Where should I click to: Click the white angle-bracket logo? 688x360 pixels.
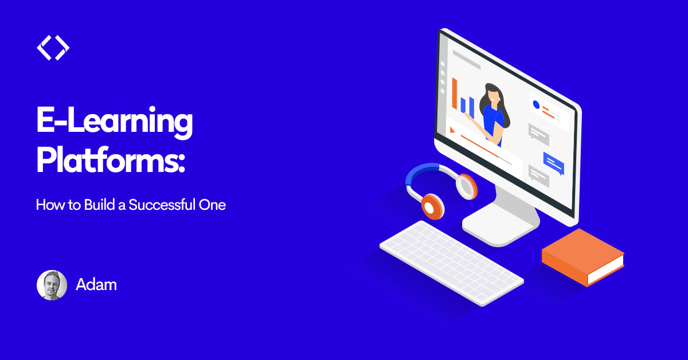click(53, 48)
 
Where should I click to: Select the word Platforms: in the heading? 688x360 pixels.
click(111, 161)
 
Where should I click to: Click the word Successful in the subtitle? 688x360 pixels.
click(162, 205)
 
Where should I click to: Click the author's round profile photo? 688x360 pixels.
click(52, 285)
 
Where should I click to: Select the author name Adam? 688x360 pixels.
click(96, 285)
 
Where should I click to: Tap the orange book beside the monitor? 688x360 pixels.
click(583, 257)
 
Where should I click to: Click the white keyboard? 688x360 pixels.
click(452, 263)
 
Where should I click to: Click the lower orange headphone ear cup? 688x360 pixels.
click(433, 206)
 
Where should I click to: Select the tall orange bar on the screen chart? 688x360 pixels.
click(455, 93)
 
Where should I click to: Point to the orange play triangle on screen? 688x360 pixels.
click(452, 130)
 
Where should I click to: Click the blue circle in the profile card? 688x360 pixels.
click(536, 105)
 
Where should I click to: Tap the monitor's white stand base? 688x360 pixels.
click(501, 228)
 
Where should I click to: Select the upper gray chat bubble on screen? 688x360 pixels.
click(539, 135)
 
